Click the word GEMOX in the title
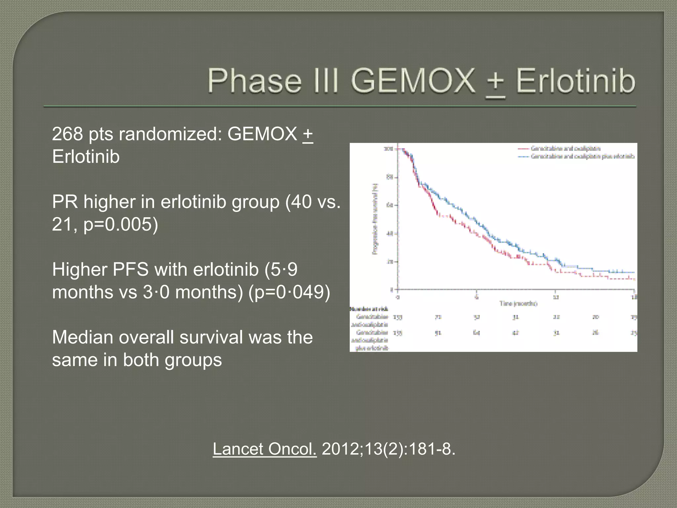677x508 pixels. pos(413,81)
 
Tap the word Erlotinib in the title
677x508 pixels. pos(575,81)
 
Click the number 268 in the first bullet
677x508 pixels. pos(67,134)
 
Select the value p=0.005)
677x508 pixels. pos(121,224)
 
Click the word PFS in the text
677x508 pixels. pos(130,269)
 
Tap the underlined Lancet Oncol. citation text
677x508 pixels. pos(264,449)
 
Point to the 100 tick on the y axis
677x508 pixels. pos(388,149)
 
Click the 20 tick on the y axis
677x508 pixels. pos(389,262)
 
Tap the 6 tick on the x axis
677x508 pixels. pos(476,297)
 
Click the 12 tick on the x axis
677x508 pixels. pos(556,297)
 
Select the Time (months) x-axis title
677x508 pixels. pos(518,304)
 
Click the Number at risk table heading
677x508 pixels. pos(369,309)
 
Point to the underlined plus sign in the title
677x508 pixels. pos(495,83)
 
